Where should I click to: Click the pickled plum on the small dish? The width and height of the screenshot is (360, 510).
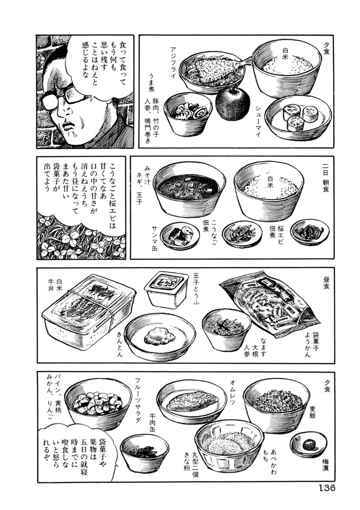click(308, 444)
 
